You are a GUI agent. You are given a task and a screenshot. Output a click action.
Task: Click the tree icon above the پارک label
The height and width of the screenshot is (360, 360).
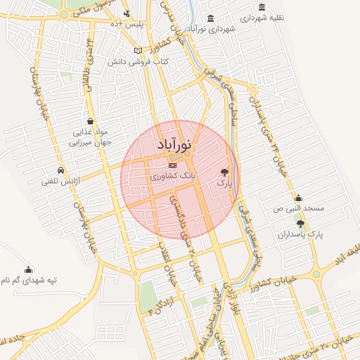pyautogui.click(x=225, y=172)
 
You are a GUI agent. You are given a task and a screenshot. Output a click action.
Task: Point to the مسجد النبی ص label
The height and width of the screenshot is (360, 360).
pyautogui.click(x=298, y=210)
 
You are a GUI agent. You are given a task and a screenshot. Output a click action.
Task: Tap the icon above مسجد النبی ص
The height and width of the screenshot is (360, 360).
pyautogui.click(x=298, y=198)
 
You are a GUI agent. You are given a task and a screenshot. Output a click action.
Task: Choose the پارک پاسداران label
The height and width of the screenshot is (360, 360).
pyautogui.click(x=303, y=237)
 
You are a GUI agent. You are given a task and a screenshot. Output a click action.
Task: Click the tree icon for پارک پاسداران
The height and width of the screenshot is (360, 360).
pyautogui.click(x=300, y=224)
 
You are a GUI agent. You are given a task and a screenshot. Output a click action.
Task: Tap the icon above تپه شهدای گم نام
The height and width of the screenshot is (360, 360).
pyautogui.click(x=28, y=268)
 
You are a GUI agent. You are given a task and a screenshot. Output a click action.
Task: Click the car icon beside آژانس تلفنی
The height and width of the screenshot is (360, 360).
pyautogui.click(x=61, y=170)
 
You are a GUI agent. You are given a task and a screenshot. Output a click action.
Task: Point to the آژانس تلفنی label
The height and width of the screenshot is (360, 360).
pyautogui.click(x=77, y=181)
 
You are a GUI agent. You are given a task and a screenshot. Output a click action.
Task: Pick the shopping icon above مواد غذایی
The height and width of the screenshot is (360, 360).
pyautogui.click(x=89, y=120)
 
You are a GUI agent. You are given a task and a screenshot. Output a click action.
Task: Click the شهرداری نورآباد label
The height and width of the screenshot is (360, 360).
pyautogui.click(x=210, y=29)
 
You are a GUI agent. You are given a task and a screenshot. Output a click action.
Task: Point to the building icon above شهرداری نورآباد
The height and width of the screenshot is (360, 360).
pyautogui.click(x=211, y=18)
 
